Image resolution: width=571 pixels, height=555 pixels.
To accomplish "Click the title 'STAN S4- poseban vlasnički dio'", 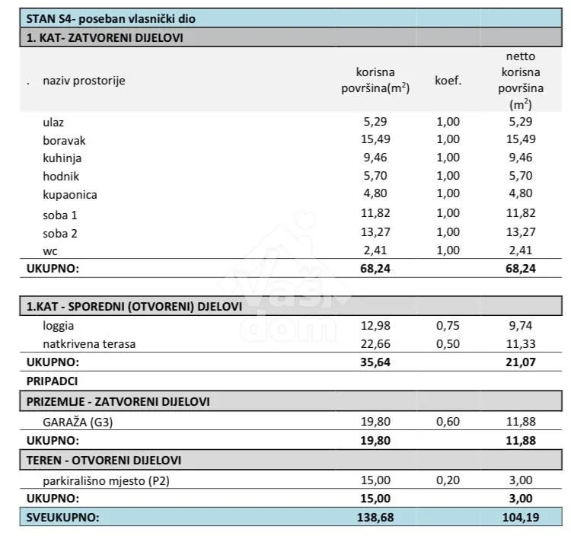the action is coord(110,18).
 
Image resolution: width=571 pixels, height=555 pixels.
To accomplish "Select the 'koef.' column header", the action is coord(448,80).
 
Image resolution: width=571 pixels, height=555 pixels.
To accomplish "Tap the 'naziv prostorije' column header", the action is coord(84,81).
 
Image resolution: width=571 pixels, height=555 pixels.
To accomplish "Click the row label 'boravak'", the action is coord(64,140).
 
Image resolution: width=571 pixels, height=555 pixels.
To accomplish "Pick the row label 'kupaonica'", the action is coord(70,195).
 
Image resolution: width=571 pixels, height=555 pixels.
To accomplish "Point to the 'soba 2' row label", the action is coord(60,233).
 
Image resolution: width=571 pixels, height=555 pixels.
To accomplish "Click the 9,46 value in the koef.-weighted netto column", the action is coord(521,158).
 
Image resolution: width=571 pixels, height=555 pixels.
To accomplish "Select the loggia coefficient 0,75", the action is coord(448,325).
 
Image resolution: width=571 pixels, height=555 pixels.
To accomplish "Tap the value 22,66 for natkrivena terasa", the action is coord(375,343).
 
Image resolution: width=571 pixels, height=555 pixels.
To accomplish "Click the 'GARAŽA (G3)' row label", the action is coord(78,422).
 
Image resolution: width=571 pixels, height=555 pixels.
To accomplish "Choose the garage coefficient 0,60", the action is coord(448,421).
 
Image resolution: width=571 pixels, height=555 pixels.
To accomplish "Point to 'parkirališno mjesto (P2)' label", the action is coord(106,480).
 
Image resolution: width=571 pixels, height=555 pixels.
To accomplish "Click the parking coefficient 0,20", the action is coord(448,480).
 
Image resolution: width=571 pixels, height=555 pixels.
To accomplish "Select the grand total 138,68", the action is coord(375,517).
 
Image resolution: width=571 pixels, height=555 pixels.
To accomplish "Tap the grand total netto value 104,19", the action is coord(521,517).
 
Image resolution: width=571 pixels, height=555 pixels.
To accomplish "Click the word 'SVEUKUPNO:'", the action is coord(62,517).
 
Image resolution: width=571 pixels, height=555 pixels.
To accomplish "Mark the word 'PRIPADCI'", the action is coord(52,381).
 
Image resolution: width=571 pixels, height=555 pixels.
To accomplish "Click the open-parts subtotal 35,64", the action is coord(375,362).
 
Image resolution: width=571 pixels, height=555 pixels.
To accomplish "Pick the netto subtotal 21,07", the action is coord(521,362).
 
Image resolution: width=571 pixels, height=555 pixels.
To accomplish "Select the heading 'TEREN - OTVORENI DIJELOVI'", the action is coord(104,461).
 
